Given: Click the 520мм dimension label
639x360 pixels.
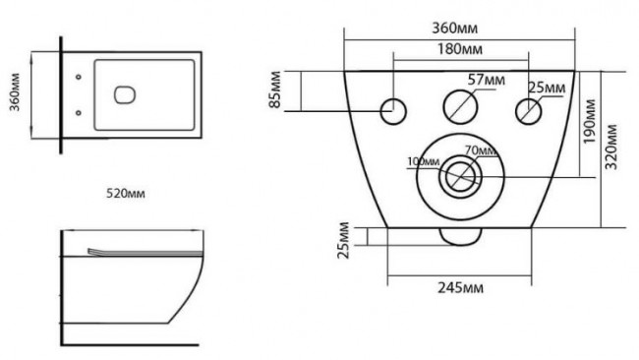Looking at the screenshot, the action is pyautogui.click(x=126, y=193).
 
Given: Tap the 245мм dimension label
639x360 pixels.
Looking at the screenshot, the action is pyautogui.click(x=460, y=288).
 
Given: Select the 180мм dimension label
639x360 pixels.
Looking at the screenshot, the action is pyautogui.click(x=460, y=49).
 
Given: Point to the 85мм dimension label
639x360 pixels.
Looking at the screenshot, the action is pyautogui.click(x=275, y=90).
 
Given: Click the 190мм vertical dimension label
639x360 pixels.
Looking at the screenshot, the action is pyautogui.click(x=589, y=122).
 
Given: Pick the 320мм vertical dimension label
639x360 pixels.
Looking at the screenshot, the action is pyautogui.click(x=610, y=147).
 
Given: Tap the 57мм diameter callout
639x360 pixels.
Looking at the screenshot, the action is pyautogui.click(x=486, y=80).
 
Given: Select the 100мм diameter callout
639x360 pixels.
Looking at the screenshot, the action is pyautogui.click(x=424, y=162).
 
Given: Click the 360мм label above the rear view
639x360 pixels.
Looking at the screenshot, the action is pyautogui.click(x=455, y=29).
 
